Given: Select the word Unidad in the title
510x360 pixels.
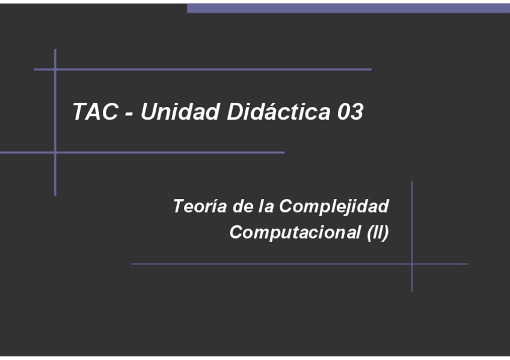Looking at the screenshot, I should pyautogui.click(x=180, y=112).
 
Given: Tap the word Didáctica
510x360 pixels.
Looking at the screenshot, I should pyautogui.click(x=278, y=112).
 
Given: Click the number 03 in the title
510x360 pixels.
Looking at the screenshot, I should pyautogui.click(x=350, y=112).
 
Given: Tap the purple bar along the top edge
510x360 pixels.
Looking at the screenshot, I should pyautogui.click(x=348, y=8).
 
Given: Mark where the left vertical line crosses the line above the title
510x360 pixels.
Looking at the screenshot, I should pyautogui.click(x=55, y=70).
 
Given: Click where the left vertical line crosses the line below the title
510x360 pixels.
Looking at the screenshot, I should pyautogui.click(x=55, y=153).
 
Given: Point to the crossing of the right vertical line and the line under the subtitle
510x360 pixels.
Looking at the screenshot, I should pyautogui.click(x=412, y=264).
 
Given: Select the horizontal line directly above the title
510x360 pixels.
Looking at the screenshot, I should pyautogui.click(x=210, y=70).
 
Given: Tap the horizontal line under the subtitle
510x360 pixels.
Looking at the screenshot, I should pyautogui.click(x=271, y=264).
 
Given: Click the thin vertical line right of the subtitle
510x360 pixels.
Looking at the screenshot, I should pyautogui.click(x=412, y=216).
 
